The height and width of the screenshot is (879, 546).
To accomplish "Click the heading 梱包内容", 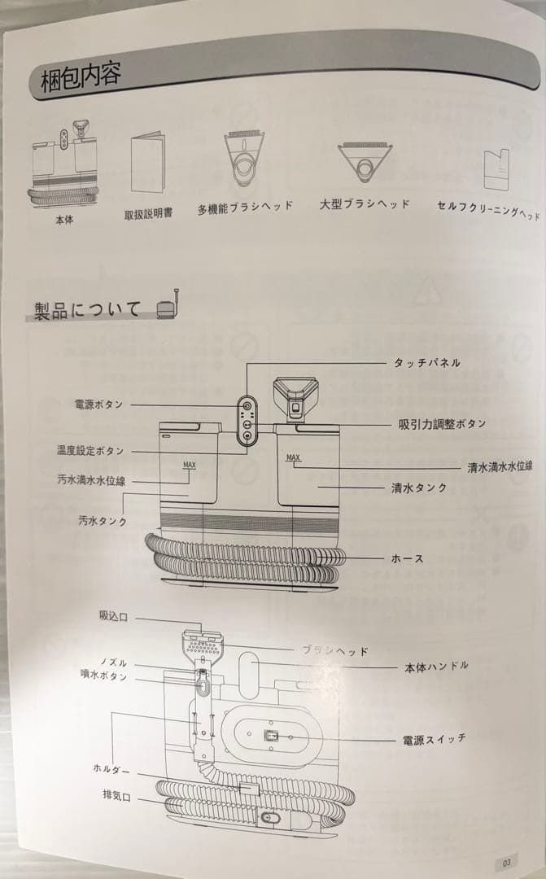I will tap(81, 80).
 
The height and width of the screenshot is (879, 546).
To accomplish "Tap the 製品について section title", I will tap(87, 310).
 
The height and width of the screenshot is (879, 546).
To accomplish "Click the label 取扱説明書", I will tap(147, 215).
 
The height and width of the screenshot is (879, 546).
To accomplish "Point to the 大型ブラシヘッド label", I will tap(365, 204).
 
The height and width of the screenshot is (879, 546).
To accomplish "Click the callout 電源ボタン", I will tap(98, 405).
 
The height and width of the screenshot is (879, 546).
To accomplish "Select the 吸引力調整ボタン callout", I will tap(442, 424).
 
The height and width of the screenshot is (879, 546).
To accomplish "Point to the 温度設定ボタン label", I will tap(90, 450).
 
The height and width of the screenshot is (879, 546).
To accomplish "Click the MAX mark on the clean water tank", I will tap(293, 458).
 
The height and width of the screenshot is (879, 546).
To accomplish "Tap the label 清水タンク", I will tap(419, 488).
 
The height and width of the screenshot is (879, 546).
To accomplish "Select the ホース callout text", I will tap(407, 559).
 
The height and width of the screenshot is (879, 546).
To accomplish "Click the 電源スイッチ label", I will tap(435, 739).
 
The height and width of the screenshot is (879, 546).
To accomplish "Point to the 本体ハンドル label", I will tap(436, 667).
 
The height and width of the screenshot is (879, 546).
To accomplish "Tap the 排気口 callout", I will tap(116, 795).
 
